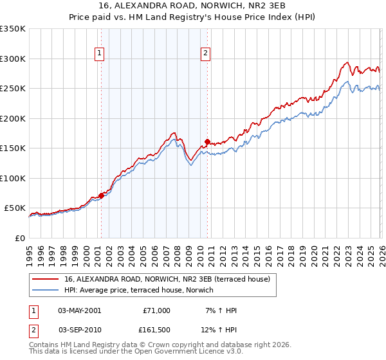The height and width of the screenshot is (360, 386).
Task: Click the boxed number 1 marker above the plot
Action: tap(100, 53)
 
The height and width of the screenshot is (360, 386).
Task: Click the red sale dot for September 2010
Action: tap(207, 141)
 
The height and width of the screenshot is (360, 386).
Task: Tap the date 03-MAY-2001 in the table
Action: tap(79, 310)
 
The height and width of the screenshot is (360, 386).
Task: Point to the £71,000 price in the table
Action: tap(156, 310)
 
